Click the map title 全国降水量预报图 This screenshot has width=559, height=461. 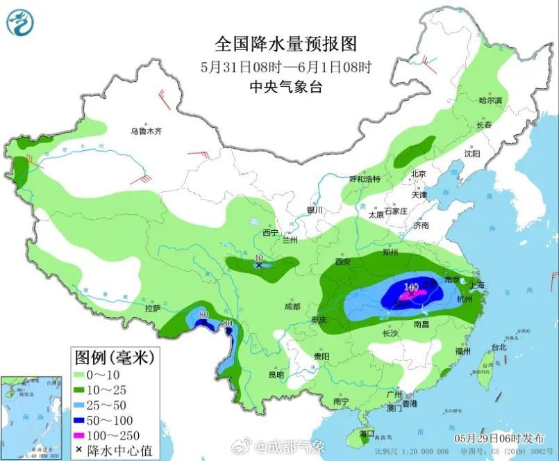point(285,45)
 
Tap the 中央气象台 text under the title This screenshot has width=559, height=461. point(285,86)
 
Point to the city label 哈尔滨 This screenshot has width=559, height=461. point(490,101)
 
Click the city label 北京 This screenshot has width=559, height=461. point(418,174)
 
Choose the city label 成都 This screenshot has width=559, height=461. point(292,307)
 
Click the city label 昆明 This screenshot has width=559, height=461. point(276,375)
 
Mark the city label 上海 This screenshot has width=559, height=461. point(476,285)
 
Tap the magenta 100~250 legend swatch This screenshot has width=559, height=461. point(85,435)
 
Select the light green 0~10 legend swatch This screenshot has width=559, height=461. point(85,374)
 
